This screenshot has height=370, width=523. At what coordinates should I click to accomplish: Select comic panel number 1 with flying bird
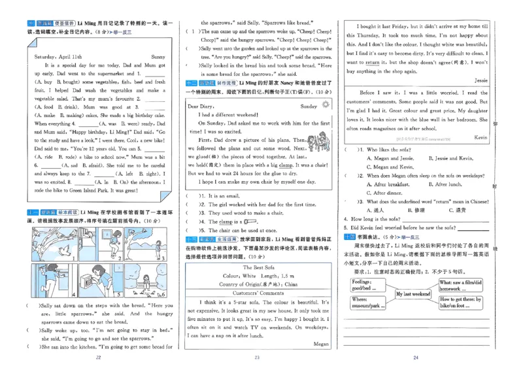[x=50, y=241]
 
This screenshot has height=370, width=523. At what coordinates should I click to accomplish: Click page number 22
[x=99, y=358]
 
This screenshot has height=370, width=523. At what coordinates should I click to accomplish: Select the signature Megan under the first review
[x=321, y=343]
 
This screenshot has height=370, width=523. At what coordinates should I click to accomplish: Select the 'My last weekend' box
[x=413, y=294]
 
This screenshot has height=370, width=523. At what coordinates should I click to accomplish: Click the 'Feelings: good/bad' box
[x=366, y=284]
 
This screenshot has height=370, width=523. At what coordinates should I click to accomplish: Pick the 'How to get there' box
[x=461, y=302]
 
